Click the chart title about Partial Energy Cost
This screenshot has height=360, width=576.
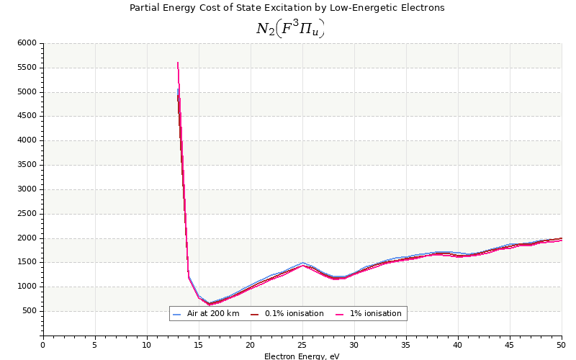[287, 8]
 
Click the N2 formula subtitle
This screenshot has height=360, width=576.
[290, 28]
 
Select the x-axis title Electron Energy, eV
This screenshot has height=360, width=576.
[302, 356]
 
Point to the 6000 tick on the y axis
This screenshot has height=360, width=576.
[27, 43]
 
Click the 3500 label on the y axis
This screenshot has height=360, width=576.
[27, 165]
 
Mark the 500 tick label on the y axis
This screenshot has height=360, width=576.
[29, 311]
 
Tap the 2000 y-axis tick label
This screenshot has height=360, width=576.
[27, 238]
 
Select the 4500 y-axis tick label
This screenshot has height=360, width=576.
[27, 117]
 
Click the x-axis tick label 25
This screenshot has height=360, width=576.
[302, 345]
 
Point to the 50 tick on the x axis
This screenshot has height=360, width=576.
[562, 345]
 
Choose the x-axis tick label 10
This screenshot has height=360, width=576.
[147, 345]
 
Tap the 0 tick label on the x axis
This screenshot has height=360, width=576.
[43, 345]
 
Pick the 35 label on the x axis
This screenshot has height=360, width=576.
[406, 345]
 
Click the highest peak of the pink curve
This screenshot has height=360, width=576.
[177, 63]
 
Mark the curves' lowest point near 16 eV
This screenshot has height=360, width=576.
[210, 304]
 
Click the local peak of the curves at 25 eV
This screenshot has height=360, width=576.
[302, 264]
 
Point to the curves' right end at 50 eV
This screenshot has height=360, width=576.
[561, 239]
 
